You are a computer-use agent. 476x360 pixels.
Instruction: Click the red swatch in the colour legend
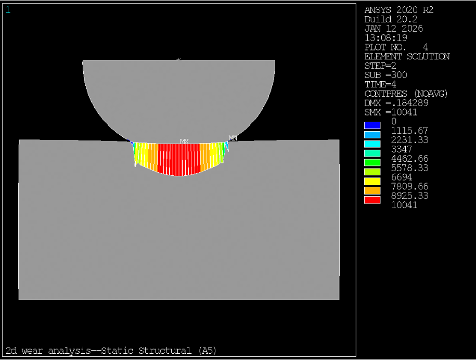pos(372,200)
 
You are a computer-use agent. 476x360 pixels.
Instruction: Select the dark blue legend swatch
pos(372,125)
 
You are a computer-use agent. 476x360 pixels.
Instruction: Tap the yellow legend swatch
pos(372,181)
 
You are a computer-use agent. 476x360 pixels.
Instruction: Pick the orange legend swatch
pos(372,190)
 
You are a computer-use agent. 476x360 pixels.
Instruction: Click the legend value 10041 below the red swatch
pos(404,205)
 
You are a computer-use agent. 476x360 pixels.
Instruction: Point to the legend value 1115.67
pos(409,131)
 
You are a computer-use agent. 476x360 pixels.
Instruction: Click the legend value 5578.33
pos(409,168)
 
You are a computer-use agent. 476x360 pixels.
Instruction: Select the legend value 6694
pos(401,177)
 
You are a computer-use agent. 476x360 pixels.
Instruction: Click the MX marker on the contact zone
pos(184,142)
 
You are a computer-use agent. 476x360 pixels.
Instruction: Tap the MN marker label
pos(233,138)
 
